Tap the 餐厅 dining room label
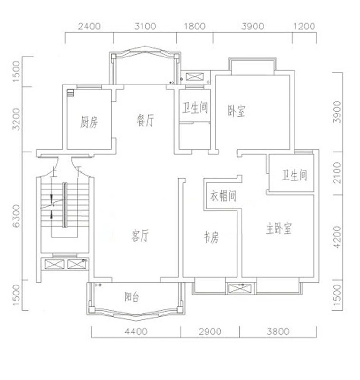coord(145,121)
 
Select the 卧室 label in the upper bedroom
coord(237,112)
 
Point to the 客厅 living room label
coord(139,236)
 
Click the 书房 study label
coord(211,238)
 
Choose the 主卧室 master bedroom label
coord(279,229)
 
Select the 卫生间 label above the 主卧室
coord(294,176)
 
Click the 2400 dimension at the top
coord(89,26)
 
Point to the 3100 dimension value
coord(145,26)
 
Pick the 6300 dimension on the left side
coord(18,216)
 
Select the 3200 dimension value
coord(18,119)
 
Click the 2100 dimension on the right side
coord(338,174)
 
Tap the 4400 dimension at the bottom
coord(136,332)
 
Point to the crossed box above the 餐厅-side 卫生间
coord(195,76)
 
